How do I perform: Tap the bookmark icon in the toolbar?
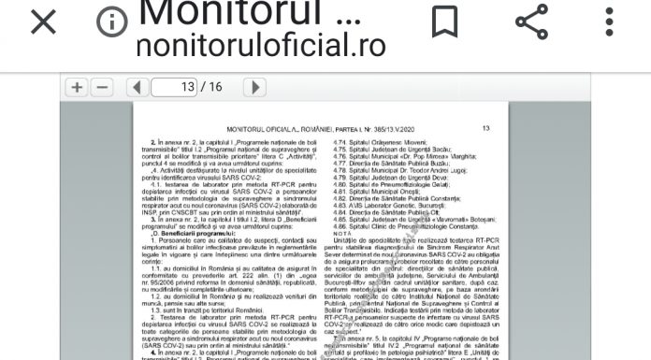[444, 21]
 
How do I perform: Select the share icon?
[531, 22]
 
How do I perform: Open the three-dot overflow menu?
[610, 22]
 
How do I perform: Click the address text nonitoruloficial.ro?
[248, 43]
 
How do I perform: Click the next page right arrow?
[253, 87]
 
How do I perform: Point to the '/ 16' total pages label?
[216, 87]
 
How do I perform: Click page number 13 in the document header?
[485, 127]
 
